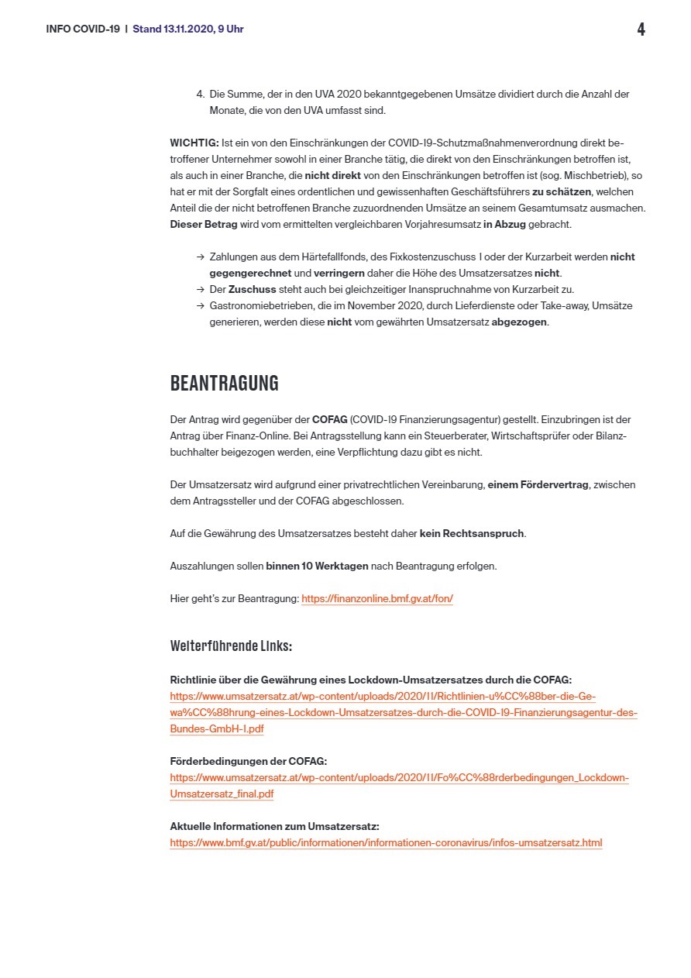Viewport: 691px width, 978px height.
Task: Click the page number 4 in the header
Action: [x=641, y=29]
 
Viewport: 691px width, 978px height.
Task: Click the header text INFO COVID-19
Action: [x=83, y=29]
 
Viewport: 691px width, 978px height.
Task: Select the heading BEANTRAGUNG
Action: [x=224, y=384]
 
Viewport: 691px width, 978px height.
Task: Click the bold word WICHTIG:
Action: [x=194, y=143]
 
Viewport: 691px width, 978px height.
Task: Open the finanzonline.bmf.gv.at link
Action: [x=376, y=599]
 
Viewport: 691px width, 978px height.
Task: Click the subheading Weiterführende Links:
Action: [x=231, y=646]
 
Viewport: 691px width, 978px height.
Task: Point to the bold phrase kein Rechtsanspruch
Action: [x=472, y=533]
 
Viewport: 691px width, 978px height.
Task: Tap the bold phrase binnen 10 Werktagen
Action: [x=317, y=566]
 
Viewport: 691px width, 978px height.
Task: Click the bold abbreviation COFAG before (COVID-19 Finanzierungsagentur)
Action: [x=329, y=419]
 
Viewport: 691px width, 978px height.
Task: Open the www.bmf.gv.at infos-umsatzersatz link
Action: [x=386, y=842]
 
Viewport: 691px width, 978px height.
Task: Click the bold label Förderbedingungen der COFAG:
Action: [x=248, y=761]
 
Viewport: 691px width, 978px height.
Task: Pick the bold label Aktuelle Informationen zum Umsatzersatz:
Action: [x=274, y=826]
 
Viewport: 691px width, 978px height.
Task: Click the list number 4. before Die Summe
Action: [x=201, y=95]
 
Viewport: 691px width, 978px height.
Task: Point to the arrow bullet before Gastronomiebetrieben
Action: [x=201, y=306]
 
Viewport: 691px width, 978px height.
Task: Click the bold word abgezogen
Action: [x=519, y=322]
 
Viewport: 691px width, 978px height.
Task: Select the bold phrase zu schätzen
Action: [x=562, y=192]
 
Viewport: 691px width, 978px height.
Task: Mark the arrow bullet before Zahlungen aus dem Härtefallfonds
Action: [x=201, y=257]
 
